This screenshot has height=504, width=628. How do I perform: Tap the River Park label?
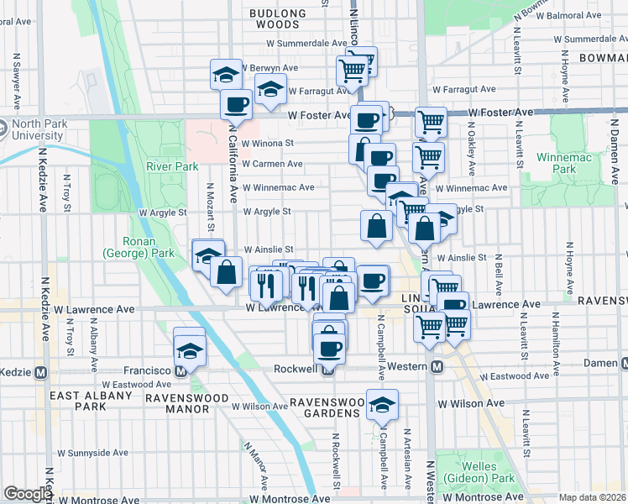[171, 166]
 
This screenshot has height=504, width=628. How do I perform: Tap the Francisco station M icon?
[181, 371]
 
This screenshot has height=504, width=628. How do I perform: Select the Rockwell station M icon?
[327, 369]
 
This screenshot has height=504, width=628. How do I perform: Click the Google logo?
[27, 494]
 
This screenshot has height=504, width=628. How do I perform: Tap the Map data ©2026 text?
[593, 497]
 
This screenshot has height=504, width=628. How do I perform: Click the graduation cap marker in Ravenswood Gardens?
[383, 405]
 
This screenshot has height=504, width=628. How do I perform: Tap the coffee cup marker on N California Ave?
[236, 104]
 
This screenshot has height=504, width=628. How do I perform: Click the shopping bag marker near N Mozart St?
[226, 272]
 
